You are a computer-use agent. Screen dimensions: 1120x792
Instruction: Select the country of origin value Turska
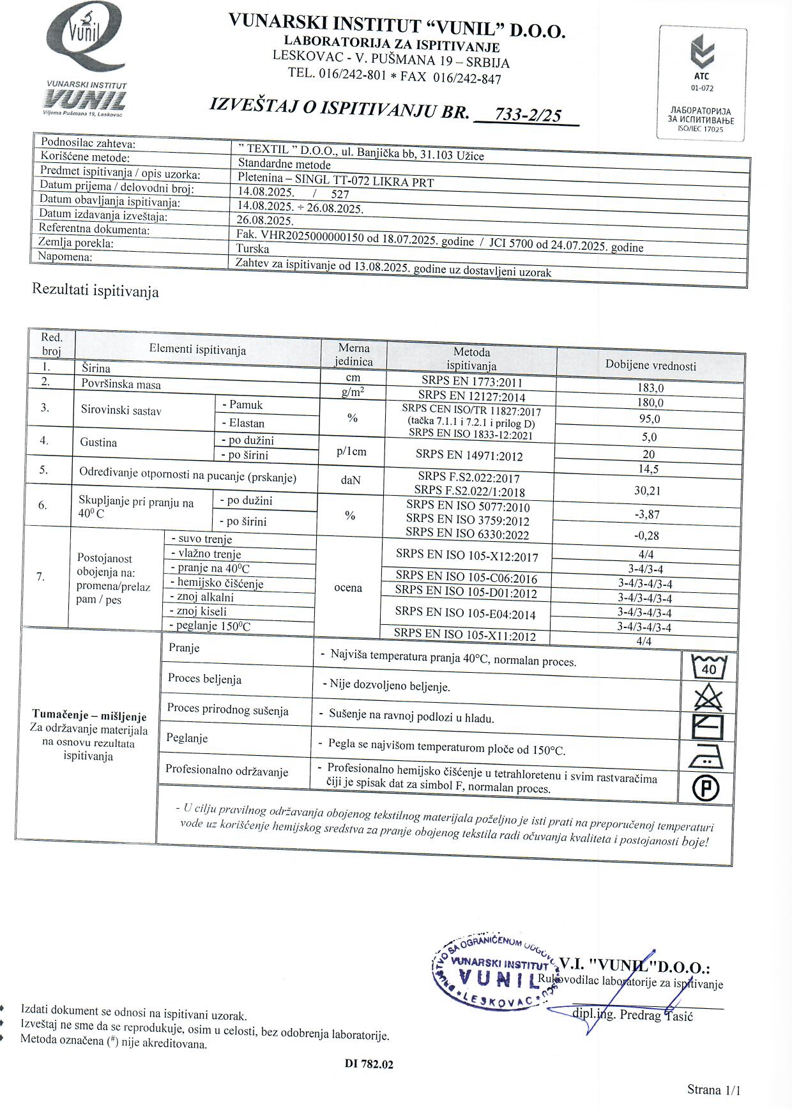click(252, 249)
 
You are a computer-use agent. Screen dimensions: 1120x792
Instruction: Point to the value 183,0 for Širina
click(650, 388)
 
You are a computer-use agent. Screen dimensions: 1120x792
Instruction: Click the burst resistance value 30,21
click(648, 491)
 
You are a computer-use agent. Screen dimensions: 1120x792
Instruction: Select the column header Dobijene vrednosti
click(650, 365)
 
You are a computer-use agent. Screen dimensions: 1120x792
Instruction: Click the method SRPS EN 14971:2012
click(469, 456)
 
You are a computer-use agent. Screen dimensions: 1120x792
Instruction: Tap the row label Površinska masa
click(121, 385)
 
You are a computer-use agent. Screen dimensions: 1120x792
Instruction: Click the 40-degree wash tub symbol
click(709, 668)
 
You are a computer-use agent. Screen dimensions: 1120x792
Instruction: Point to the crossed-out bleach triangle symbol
click(708, 697)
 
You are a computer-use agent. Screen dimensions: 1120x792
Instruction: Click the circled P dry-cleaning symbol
click(706, 788)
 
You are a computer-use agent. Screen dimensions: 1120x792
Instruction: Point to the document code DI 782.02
click(369, 1064)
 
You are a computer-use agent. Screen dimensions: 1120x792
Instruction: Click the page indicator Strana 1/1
click(713, 1090)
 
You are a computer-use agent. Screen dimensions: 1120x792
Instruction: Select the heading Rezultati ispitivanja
click(95, 291)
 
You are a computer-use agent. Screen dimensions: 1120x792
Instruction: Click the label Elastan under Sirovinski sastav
click(243, 423)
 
